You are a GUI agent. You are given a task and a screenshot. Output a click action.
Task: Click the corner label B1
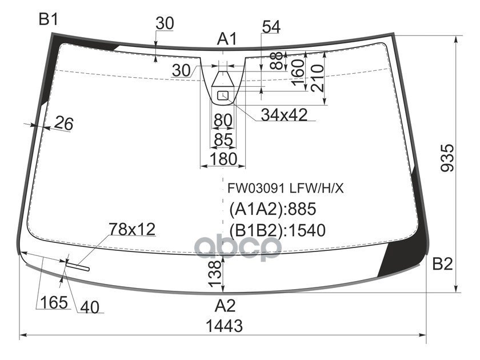pos(49,20)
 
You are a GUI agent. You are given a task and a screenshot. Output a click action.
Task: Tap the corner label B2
pos(442,263)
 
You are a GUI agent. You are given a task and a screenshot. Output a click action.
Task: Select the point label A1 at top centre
pos(227,39)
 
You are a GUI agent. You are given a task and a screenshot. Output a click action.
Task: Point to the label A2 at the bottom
pos(225,306)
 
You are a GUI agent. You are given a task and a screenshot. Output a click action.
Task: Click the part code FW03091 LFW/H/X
pos(285,188)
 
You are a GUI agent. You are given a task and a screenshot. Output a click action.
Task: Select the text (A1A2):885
pos(273,209)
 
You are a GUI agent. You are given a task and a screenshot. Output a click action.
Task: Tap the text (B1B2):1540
pos(277,230)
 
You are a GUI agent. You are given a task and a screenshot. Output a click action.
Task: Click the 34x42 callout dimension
pos(284,115)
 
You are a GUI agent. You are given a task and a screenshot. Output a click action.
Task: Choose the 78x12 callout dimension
pos(132,229)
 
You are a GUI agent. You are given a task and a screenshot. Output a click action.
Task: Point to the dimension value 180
pos(223,159)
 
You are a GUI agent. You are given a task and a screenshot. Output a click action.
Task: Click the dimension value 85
pos(223,139)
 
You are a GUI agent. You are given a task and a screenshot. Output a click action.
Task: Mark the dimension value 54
pos(271,27)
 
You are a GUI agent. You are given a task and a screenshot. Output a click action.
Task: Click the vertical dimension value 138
pos(215,274)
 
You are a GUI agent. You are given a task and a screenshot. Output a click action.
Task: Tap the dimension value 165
pos(54,302)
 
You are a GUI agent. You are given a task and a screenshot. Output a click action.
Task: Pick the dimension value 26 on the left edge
pos(63,123)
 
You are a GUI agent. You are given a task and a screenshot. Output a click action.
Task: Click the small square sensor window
pos(223,96)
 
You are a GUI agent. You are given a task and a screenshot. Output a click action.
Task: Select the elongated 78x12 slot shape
pos(78,266)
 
